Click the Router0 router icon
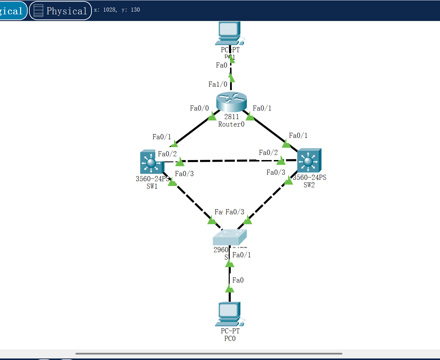point(231,101)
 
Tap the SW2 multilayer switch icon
point(309,160)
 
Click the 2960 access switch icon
point(229,237)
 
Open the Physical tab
point(61,11)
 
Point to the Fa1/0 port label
point(218,84)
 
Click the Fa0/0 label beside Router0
point(199,108)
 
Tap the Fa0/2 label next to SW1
point(167,154)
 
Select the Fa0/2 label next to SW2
point(268,153)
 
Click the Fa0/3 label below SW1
point(184,174)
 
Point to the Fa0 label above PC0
point(238,280)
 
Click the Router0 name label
point(231,125)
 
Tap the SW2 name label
point(309,185)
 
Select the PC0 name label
point(230,339)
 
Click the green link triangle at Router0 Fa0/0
point(212,116)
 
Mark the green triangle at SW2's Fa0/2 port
point(281,160)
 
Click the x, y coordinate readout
point(117,10)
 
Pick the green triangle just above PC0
point(230,289)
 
